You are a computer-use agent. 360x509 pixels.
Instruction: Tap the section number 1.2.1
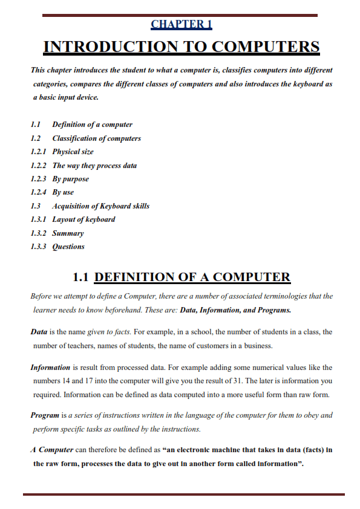[x=39, y=152]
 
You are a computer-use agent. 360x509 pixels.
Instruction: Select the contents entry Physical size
[x=73, y=152]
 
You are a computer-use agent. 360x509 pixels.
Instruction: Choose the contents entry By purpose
[x=70, y=179]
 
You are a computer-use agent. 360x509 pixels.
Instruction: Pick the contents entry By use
[x=63, y=192]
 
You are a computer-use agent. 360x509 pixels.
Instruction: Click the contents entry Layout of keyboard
[x=83, y=219]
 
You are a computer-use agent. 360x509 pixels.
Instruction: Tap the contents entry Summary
[x=68, y=233]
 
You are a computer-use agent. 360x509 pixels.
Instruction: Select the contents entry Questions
[x=68, y=247]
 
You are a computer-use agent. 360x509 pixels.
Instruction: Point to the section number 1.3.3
[x=39, y=247]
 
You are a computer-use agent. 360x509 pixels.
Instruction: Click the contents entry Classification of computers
[x=96, y=138]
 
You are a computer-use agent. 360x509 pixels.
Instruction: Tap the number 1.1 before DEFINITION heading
[x=81, y=277]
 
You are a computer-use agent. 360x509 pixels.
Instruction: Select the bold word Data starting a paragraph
[x=39, y=332]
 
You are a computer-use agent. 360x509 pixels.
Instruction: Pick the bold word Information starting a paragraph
[x=50, y=368]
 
